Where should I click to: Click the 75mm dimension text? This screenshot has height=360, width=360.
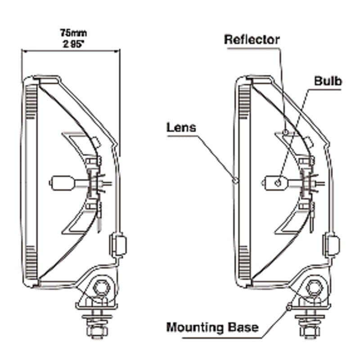point(73,33)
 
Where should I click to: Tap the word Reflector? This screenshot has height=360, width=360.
point(252,39)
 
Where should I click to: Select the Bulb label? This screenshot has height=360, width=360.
point(328,81)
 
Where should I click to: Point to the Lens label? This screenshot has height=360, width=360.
point(181,127)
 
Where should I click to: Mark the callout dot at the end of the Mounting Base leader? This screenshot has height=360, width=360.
point(288,307)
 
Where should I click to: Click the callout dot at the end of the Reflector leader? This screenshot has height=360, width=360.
point(285,132)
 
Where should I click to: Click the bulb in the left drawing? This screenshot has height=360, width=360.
point(61,183)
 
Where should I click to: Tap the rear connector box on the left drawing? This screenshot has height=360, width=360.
point(118,244)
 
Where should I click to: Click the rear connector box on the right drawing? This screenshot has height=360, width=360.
point(331,245)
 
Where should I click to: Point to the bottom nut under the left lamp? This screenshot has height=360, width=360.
point(97,331)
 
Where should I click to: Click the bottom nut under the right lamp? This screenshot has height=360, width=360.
point(310,331)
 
